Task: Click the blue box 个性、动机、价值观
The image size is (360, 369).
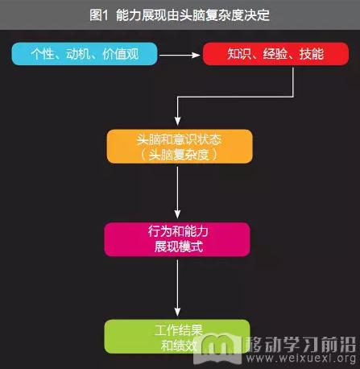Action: [85, 54]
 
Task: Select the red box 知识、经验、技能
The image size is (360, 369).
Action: [275, 54]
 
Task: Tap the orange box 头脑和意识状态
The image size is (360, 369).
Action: [180, 147]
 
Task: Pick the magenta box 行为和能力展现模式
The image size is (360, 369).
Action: [177, 239]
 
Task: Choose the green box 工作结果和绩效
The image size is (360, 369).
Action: [177, 337]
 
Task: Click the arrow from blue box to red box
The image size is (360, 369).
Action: [180, 55]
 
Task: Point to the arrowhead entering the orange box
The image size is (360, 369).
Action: [177, 121]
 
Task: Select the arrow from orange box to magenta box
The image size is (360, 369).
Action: [177, 193]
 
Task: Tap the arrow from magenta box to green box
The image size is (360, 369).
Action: [177, 288]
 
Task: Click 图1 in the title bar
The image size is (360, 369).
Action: [99, 15]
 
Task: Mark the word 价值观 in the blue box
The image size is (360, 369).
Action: [121, 54]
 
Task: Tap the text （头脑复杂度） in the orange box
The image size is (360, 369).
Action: [179, 155]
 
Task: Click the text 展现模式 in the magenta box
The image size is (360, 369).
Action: [179, 247]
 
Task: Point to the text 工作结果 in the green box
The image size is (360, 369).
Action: [179, 330]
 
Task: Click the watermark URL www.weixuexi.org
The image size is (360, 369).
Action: [301, 358]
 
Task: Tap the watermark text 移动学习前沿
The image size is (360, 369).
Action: [301, 344]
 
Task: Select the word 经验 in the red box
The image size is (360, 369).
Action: [275, 54]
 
